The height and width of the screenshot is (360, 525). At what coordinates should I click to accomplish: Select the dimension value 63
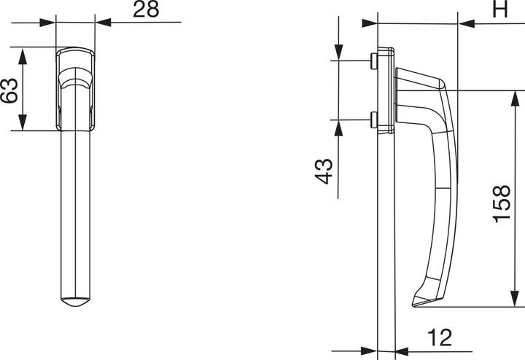point(9,90)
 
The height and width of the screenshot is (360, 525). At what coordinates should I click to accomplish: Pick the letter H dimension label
point(499,9)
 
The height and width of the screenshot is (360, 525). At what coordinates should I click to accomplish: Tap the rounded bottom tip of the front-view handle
point(76,305)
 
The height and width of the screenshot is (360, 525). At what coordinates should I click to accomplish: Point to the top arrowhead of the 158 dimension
point(516,97)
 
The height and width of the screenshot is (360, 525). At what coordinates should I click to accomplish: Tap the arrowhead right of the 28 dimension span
point(103,23)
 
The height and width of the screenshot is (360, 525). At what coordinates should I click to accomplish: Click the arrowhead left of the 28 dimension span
point(49,23)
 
